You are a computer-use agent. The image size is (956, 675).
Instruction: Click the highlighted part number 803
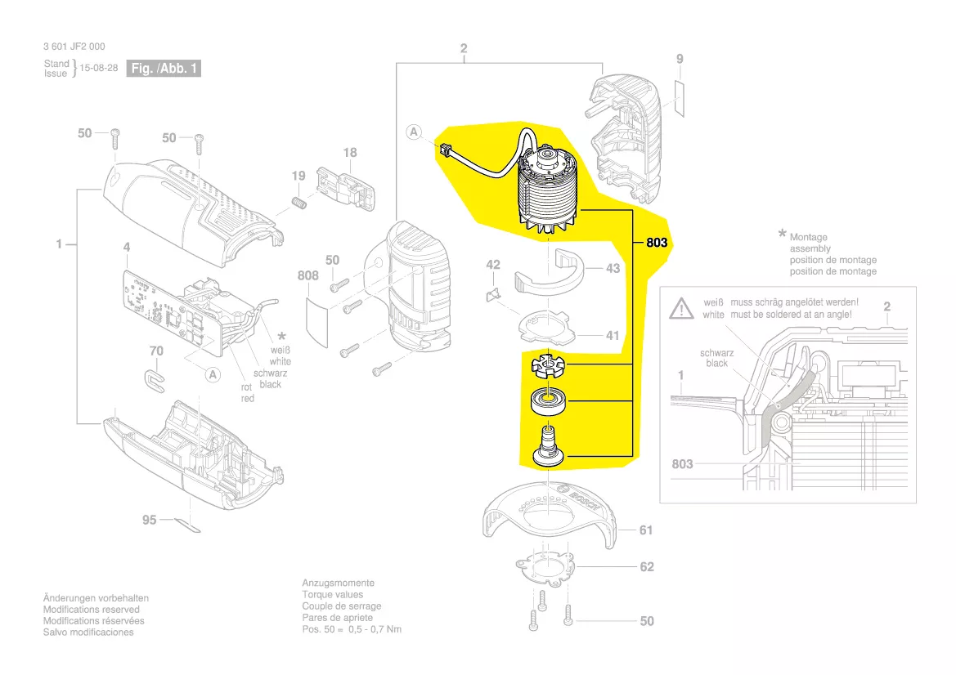pos(657,243)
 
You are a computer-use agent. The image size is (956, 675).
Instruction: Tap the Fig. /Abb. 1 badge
pos(164,69)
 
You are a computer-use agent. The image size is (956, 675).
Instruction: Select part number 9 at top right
pos(679,59)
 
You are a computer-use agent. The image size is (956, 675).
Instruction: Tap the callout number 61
pos(646,530)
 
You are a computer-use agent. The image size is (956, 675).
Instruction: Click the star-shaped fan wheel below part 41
pos(545,365)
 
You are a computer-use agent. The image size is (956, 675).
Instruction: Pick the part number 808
pos(307,275)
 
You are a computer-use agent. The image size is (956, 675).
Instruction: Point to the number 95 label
pos(149,520)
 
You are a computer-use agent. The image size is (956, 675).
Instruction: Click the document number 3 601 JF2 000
pos(74,47)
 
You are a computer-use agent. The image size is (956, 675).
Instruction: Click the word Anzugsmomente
pos(338,583)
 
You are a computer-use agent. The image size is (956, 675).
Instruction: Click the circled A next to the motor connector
pos(415,132)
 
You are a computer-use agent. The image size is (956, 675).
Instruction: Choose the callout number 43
pos(613,268)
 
